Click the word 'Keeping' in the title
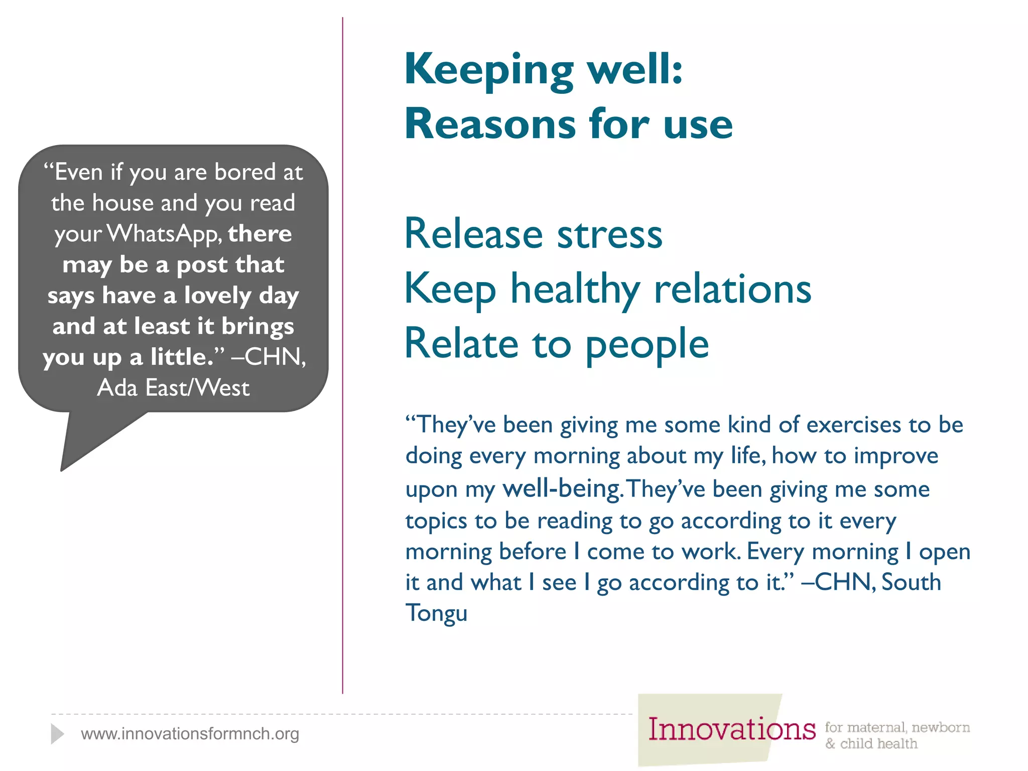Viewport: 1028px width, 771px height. pos(488,70)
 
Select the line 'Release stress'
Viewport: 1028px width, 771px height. pos(533,234)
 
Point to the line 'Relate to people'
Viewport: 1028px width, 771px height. pos(556,344)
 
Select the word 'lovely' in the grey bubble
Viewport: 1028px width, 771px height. pos(217,296)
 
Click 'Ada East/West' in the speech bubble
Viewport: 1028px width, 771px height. pos(173,388)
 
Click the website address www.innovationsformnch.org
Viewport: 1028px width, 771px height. pos(190,734)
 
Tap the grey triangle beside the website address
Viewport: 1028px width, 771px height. pos(57,734)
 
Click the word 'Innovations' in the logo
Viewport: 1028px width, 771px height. pos(731,729)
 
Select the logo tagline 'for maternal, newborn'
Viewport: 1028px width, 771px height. pos(897,727)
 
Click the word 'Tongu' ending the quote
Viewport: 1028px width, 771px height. pos(436,613)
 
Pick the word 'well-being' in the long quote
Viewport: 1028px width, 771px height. pos(563,489)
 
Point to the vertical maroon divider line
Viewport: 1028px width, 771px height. pos(343,351)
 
